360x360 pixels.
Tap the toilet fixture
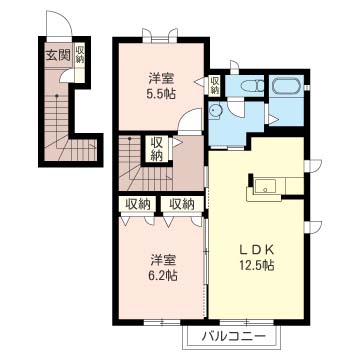252,86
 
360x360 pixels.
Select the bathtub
287,86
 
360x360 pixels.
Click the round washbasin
215,110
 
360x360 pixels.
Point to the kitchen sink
265,186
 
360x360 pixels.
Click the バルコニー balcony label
234,335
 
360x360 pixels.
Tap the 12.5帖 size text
256,265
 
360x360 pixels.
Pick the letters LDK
256,249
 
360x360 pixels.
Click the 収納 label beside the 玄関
80,55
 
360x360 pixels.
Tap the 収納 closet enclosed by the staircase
156,149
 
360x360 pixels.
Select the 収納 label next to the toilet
214,85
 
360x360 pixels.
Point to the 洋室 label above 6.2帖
162,259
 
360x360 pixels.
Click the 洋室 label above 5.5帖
161,79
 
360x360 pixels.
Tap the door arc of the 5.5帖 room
187,115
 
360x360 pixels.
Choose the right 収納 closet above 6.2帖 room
182,203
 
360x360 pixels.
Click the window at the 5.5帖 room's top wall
160,37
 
